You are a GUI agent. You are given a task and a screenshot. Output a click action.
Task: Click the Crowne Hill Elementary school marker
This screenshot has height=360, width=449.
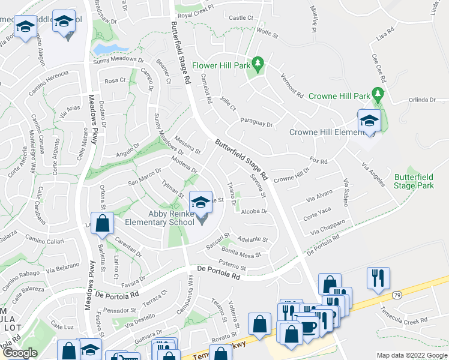(x=369, y=121)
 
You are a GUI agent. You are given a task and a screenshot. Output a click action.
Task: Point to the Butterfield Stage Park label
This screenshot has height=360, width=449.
(x=414, y=181)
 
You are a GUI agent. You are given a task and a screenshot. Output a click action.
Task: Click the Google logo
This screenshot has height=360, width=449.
(x=20, y=353)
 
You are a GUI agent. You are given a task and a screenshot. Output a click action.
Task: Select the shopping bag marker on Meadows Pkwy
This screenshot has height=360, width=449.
(x=103, y=224)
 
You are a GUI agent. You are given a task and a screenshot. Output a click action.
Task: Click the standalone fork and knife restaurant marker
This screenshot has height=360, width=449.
(x=378, y=278)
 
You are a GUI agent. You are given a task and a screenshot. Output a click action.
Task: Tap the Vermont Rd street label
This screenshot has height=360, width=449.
(x=292, y=84)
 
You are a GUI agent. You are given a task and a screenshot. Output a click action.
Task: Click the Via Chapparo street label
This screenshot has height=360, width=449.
(x=328, y=227)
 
